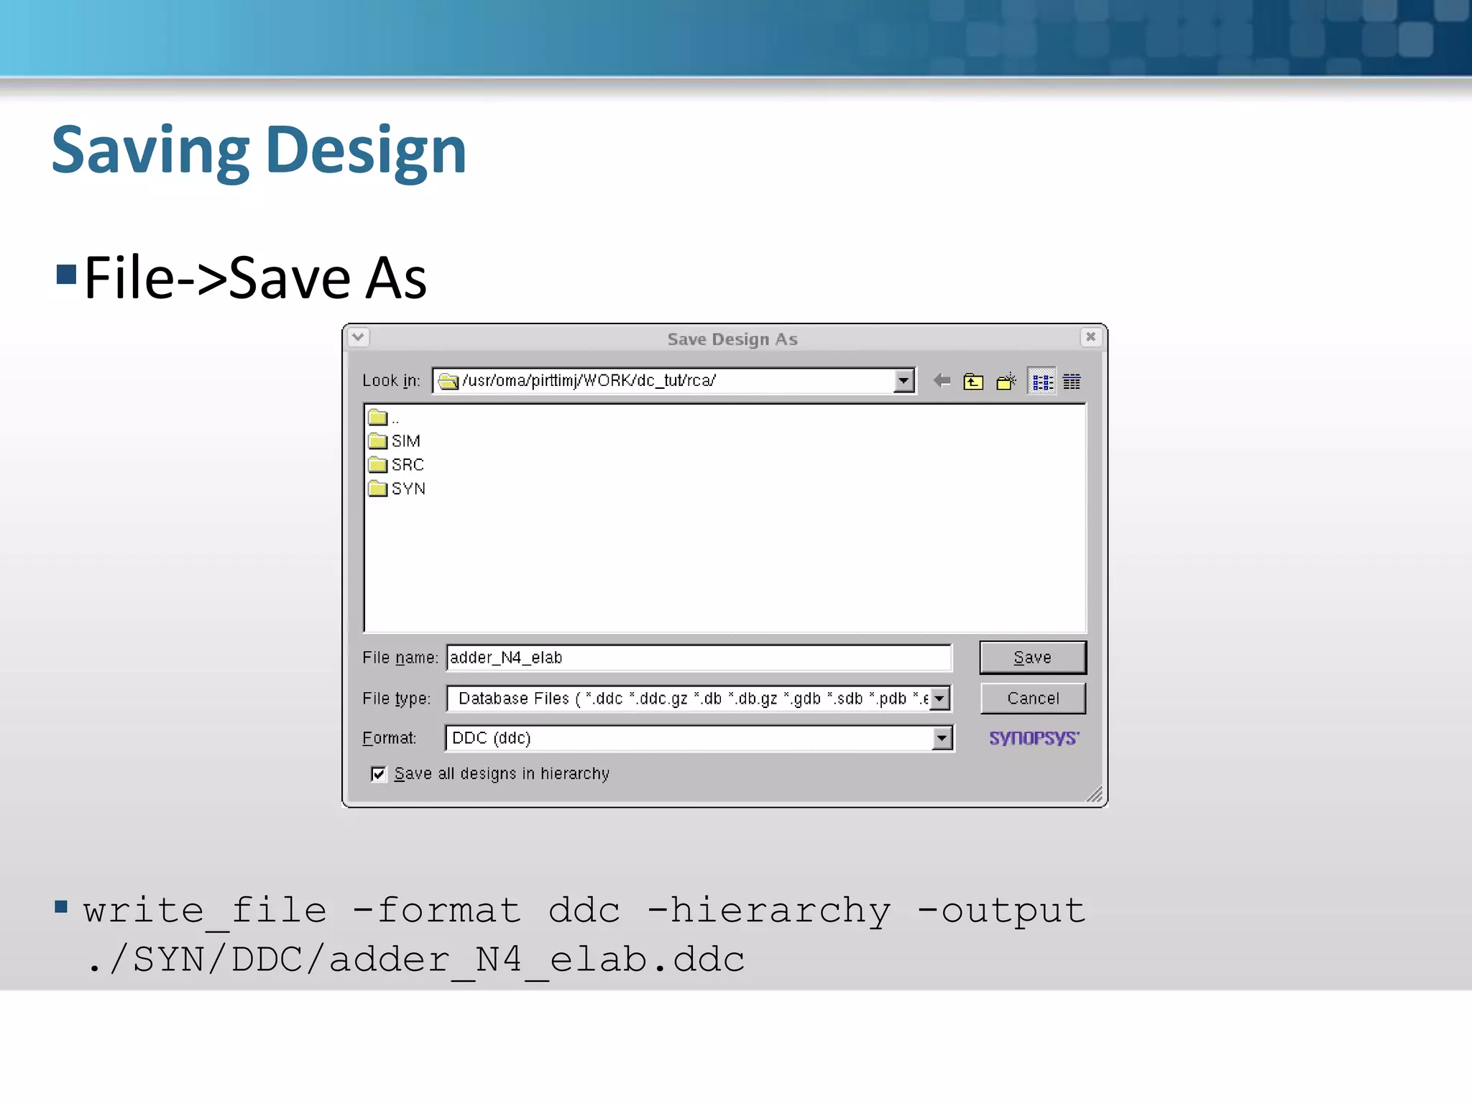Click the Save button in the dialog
[1032, 658]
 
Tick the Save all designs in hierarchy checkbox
[378, 773]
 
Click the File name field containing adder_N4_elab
[697, 658]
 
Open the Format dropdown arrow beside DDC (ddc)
[942, 738]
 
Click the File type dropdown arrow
[939, 698]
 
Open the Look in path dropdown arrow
[903, 380]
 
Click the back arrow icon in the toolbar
[942, 381]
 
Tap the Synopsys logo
[1034, 738]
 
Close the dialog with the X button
[1090, 336]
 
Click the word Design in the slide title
[366, 150]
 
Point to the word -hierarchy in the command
[769, 911]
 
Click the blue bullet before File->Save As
[66, 275]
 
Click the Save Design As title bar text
[732, 339]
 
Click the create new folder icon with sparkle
[1006, 381]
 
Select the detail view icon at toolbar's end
[1072, 382]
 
